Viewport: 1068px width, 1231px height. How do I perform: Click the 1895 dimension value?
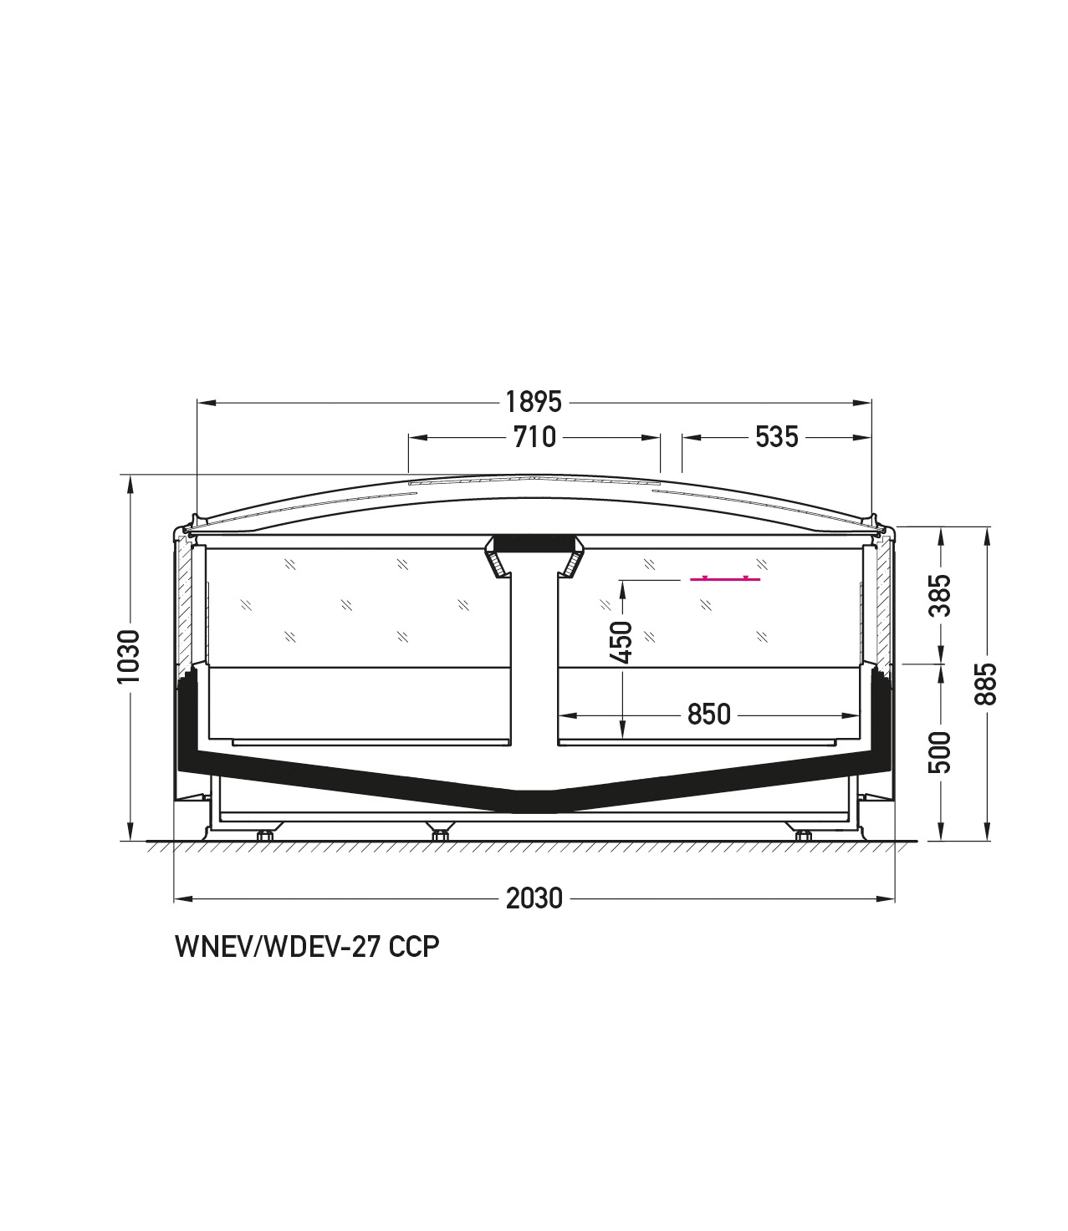534,403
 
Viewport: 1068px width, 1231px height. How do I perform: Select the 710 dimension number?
534,438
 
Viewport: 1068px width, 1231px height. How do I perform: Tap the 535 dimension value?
777,438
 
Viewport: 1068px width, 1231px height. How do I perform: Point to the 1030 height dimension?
128,656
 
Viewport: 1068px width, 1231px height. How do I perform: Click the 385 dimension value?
941,596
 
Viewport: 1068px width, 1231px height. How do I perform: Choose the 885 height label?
986,684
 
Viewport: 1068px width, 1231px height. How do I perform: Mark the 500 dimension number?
941,753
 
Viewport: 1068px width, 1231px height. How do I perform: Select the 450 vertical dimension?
622,643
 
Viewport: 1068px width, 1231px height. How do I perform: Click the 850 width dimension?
708,715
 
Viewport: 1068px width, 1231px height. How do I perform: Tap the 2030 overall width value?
534,898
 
